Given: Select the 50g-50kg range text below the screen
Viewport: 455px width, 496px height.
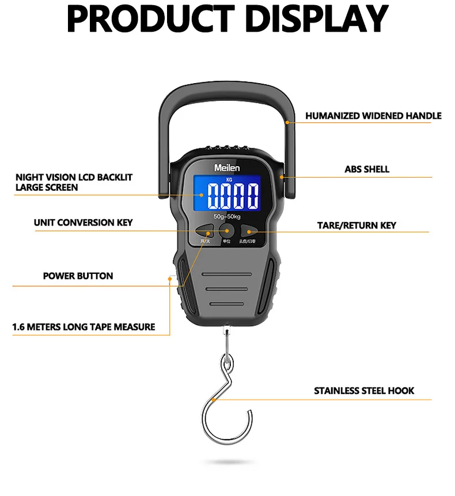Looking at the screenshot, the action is click(x=226, y=216).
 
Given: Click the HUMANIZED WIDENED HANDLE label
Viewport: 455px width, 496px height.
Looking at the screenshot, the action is click(x=373, y=116).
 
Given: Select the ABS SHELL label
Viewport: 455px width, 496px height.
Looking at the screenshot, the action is click(x=367, y=170).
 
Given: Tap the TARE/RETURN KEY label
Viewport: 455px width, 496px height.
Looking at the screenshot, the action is click(x=357, y=225).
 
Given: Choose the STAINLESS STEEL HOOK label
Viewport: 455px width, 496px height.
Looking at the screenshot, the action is click(x=364, y=391).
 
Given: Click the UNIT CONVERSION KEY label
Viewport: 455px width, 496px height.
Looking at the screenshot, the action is click(x=84, y=223).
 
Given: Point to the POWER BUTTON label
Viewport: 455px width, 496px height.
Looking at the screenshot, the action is click(x=78, y=276).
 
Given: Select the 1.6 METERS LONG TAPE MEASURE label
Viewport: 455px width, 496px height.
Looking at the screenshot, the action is click(x=84, y=327).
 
